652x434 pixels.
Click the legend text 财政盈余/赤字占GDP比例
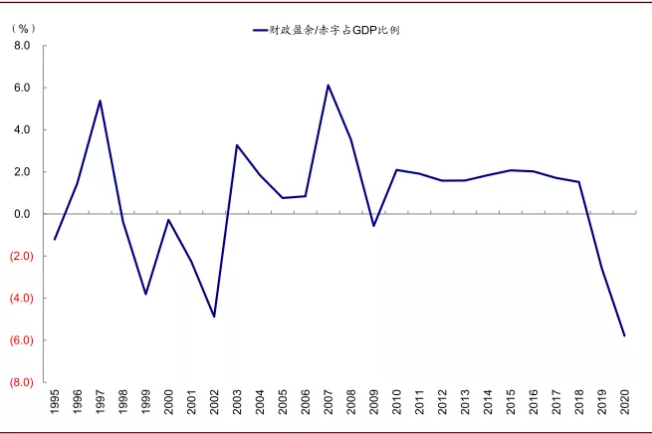(x=335, y=31)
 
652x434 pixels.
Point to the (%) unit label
(x=22, y=28)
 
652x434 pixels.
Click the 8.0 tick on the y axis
(x=23, y=46)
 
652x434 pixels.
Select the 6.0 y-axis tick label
(x=23, y=88)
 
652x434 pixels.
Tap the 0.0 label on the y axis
(x=23, y=214)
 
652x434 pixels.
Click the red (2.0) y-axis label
(x=21, y=256)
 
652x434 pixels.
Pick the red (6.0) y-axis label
(x=21, y=339)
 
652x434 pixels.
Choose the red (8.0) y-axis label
(x=21, y=382)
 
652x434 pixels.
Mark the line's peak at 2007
(x=328, y=85)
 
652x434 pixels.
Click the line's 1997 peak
(x=101, y=101)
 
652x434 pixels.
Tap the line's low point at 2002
(x=214, y=317)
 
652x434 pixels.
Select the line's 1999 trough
(x=146, y=294)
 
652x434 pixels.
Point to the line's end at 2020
(x=624, y=335)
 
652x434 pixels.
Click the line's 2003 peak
(x=237, y=145)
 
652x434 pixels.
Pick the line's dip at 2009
(x=373, y=226)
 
